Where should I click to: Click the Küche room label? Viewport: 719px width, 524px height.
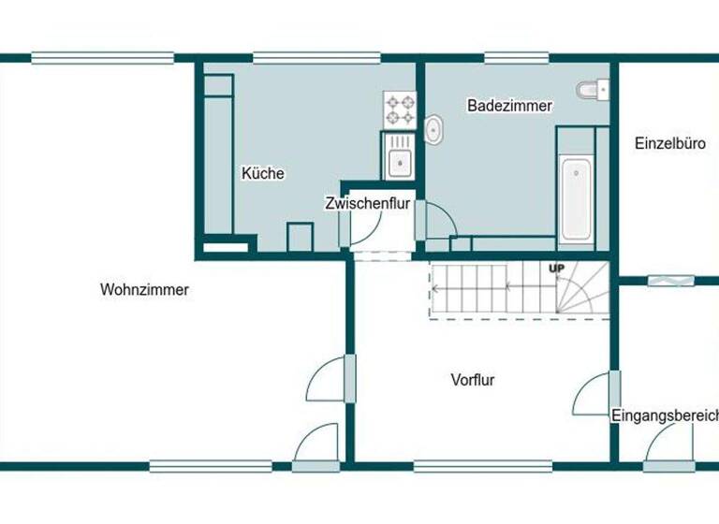point(262,173)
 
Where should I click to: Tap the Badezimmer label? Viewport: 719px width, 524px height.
point(509,106)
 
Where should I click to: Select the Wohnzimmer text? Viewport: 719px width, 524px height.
point(144,290)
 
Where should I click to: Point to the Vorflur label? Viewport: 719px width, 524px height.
point(472,380)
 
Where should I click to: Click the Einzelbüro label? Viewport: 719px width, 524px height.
point(669,144)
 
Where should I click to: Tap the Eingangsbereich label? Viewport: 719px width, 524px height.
point(664,415)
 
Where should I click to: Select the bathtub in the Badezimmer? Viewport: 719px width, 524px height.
point(575,197)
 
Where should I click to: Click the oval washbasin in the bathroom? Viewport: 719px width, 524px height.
point(434,131)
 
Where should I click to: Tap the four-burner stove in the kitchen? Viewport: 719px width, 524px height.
point(399,109)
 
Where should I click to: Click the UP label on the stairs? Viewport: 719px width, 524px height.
point(557,269)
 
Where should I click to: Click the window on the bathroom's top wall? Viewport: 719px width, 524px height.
point(516,58)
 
